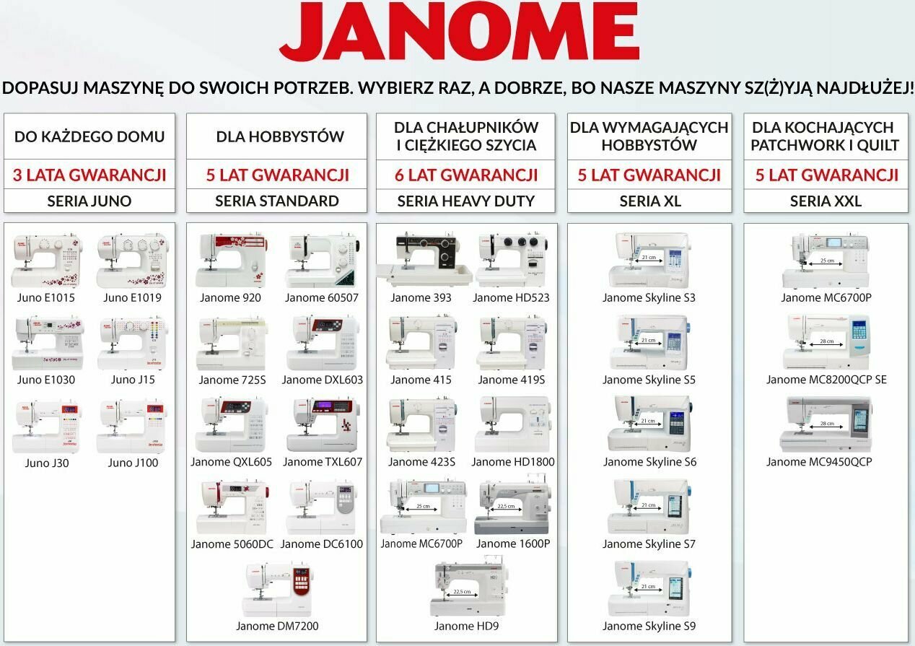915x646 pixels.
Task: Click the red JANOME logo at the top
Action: point(459,32)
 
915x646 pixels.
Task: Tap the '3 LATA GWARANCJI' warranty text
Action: point(89,175)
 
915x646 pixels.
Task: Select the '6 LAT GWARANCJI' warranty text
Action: point(465,175)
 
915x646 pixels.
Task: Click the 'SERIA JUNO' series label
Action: point(89,201)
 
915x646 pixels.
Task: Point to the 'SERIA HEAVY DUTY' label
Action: point(465,201)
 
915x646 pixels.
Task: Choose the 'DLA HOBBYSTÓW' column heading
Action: point(280,136)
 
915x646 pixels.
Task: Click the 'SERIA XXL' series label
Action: point(826,201)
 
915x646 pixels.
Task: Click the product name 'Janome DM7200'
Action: point(277,626)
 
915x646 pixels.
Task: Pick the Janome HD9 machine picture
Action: point(467,589)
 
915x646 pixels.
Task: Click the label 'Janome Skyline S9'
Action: point(649,626)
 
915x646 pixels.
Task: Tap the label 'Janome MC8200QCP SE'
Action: point(826,380)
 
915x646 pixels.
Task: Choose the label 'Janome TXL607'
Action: point(323,462)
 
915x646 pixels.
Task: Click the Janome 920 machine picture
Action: point(230,261)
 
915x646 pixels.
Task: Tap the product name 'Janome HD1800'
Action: point(513,462)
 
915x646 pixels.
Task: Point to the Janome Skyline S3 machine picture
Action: point(649,261)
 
